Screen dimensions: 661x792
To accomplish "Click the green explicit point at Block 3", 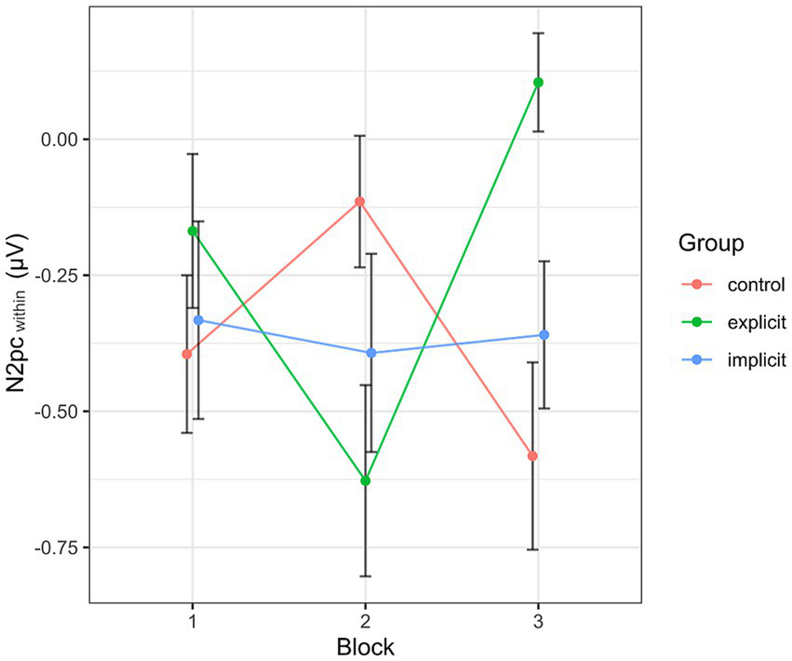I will point(538,82).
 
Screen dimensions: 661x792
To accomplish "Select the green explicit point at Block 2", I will point(365,480).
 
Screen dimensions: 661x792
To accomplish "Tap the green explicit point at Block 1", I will point(193,231).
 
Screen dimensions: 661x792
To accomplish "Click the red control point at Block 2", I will point(359,201).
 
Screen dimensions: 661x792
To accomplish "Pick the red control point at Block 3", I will point(532,456).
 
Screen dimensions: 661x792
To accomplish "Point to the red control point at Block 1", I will point(187,354).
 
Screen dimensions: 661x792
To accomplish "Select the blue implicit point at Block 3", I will point(544,335).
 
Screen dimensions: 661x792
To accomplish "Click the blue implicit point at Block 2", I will point(371,353).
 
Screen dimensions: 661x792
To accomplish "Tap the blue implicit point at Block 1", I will point(198,320).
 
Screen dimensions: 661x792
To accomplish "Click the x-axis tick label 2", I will point(365,619).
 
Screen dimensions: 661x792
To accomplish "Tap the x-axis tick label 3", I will point(538,619).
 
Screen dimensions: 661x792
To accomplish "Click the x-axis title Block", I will point(365,646).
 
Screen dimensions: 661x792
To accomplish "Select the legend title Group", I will point(710,244).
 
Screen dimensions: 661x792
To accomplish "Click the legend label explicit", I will point(757,322).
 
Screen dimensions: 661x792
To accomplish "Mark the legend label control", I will point(755,284).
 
